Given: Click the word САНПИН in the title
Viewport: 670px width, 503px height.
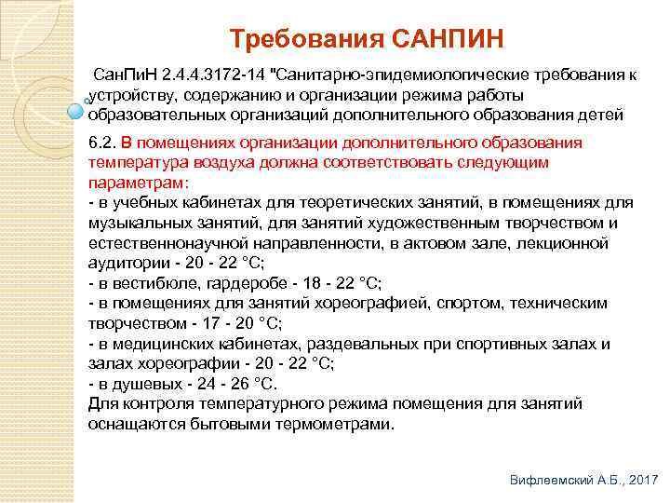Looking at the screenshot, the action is tap(447, 38).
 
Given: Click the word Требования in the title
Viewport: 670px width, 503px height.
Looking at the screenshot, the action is tap(306, 38).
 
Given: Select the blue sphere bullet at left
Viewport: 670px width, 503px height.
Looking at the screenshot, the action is tap(75, 112).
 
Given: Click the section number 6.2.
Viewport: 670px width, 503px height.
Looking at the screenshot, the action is tap(101, 143).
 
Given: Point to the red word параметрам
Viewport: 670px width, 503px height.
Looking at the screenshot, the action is tap(136, 184).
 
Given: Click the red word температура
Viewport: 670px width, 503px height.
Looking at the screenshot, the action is tap(139, 163).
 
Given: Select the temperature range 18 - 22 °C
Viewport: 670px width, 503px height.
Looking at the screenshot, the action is tap(342, 283).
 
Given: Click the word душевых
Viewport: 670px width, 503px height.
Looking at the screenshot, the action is tap(147, 385).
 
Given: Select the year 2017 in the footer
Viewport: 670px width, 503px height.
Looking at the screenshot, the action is tap(643, 480).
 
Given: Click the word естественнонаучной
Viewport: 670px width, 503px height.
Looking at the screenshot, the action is tap(168, 243).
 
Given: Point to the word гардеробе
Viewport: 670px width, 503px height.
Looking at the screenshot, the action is tap(247, 284).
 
